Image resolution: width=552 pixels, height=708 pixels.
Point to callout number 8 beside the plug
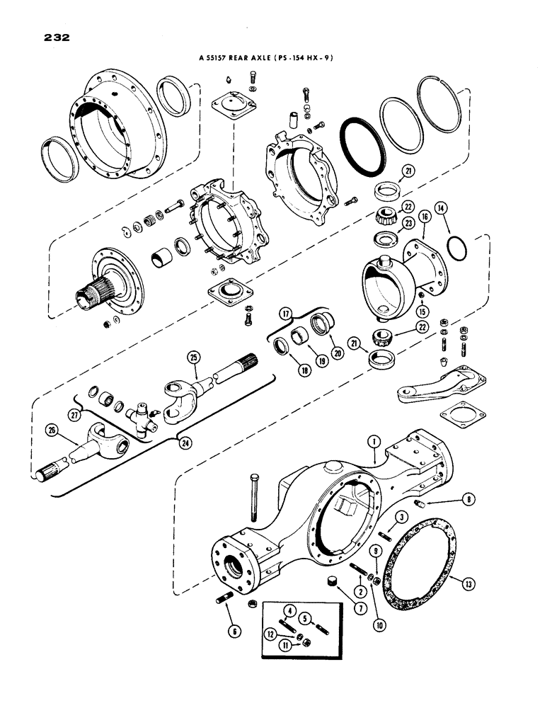tap(470, 499)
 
